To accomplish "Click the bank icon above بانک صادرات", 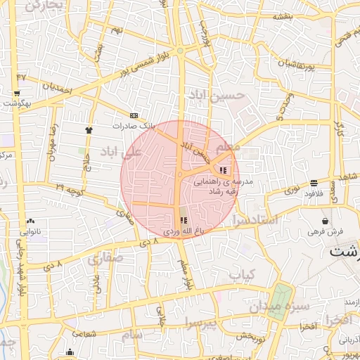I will [x=134, y=116].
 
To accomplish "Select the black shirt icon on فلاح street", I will [x=89, y=130].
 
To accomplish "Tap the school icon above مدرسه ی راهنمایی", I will [x=223, y=170].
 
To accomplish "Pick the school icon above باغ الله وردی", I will [x=184, y=220].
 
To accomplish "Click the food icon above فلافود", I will [x=312, y=184].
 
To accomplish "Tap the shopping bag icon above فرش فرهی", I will [x=325, y=219].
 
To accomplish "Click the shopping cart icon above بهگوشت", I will [x=15, y=92].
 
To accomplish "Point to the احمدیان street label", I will [x=57, y=89].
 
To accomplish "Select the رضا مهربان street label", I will [x=51, y=143].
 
